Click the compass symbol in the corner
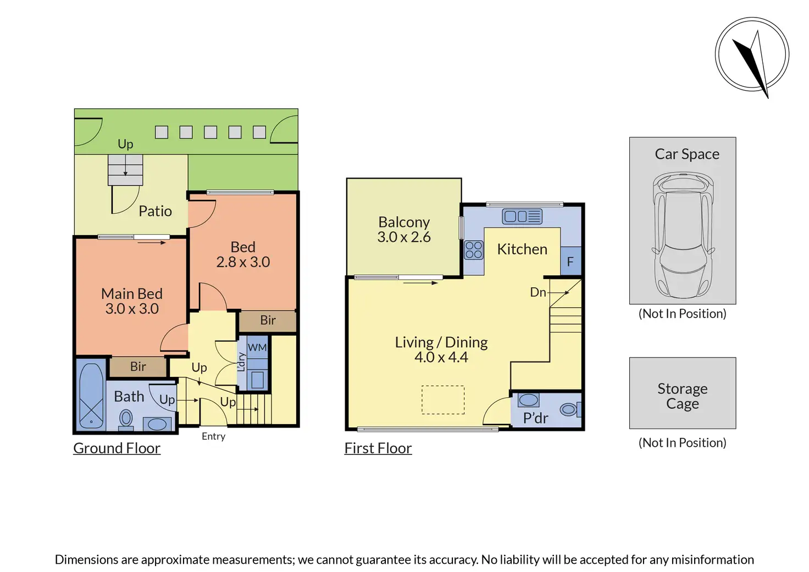[752, 54]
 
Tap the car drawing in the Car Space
[683, 235]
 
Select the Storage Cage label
[682, 396]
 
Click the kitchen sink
[522, 216]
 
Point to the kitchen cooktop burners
[474, 250]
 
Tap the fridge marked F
[570, 261]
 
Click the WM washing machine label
[257, 347]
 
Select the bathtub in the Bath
[91, 396]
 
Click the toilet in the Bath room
[126, 420]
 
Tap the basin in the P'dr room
[528, 400]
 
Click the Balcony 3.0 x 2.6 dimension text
[404, 237]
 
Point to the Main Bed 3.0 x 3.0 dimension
[132, 309]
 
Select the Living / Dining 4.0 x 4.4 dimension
[441, 357]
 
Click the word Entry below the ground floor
[213, 436]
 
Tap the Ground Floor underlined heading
[117, 448]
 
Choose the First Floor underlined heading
[378, 448]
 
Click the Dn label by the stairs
[538, 292]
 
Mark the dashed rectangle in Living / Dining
[443, 400]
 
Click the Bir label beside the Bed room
[268, 320]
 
